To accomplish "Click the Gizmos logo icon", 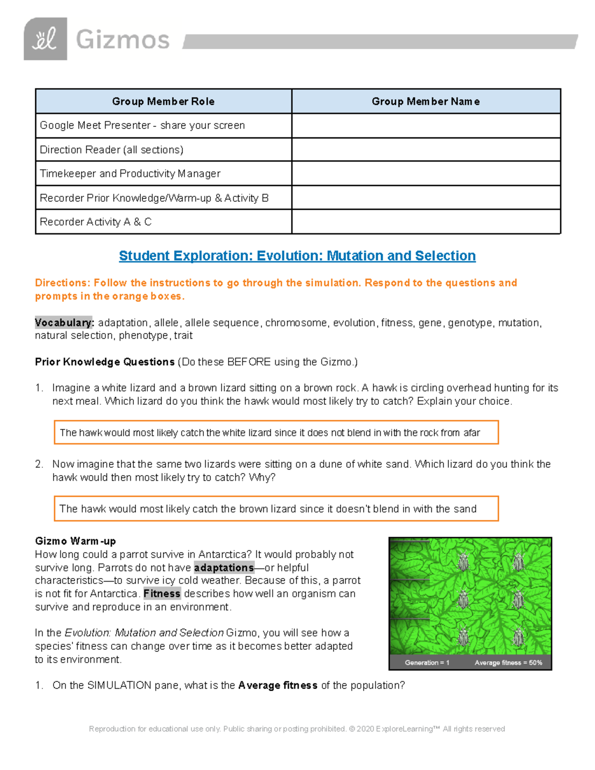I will (x=45, y=39).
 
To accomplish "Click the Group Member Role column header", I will (x=163, y=102).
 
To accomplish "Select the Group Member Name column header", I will (x=425, y=102).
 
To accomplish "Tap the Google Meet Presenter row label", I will (x=142, y=125).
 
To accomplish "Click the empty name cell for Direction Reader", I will (x=425, y=149).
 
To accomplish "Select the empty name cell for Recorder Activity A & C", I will (x=425, y=222).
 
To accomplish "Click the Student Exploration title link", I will (x=297, y=256).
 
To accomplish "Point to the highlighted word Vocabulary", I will (x=64, y=323).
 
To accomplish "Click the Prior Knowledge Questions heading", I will (x=105, y=362).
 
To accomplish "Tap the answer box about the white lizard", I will (x=276, y=432).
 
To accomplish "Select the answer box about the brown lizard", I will (x=276, y=509).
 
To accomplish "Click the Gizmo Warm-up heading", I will (x=75, y=541).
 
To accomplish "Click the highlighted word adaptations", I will (x=224, y=568).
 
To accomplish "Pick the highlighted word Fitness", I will (x=162, y=593).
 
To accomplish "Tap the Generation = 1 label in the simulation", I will (x=427, y=662).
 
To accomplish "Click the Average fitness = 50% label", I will (x=508, y=662).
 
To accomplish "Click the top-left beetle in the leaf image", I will (x=464, y=562).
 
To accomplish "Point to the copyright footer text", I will (x=297, y=729).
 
